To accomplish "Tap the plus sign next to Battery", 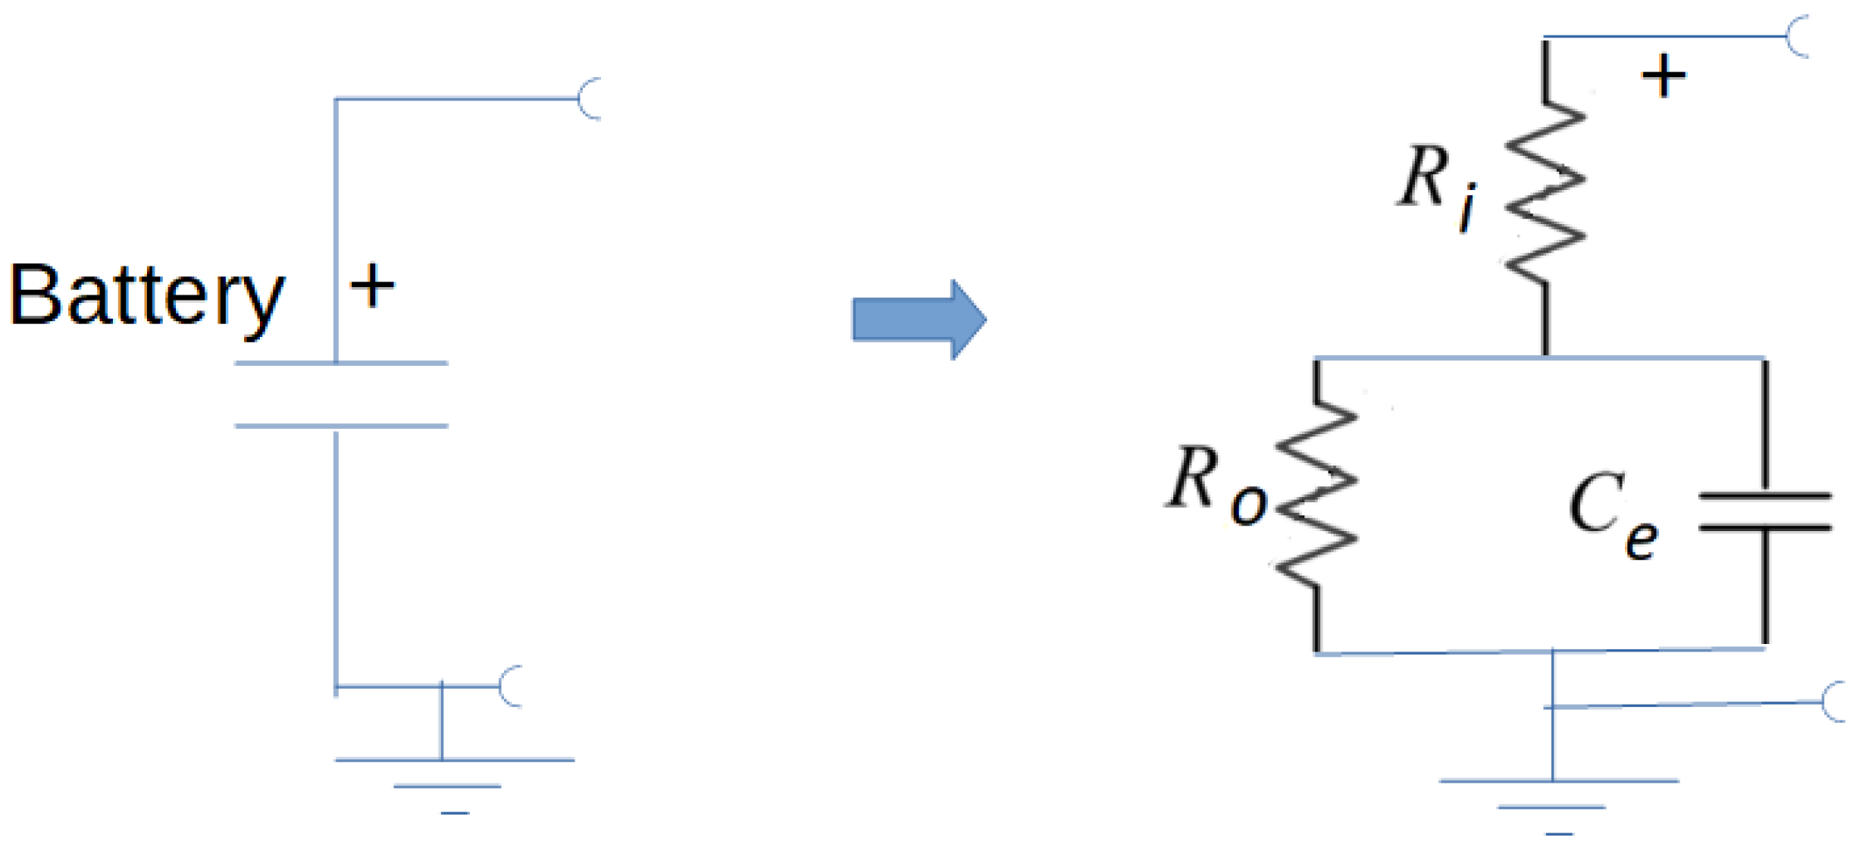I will click(372, 286).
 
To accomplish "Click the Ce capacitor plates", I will click(1765, 512).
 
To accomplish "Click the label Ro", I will click(1216, 486).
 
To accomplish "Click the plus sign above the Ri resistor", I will click(1663, 76).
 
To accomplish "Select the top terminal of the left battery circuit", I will click(590, 100).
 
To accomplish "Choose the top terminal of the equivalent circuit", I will click(1798, 37).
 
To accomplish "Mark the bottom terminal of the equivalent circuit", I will click(1834, 702).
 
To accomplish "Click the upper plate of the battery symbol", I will click(341, 364).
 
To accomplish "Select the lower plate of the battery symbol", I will click(341, 426).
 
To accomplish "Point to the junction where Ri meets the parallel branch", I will click(1545, 358).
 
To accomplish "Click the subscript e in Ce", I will click(1641, 540).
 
